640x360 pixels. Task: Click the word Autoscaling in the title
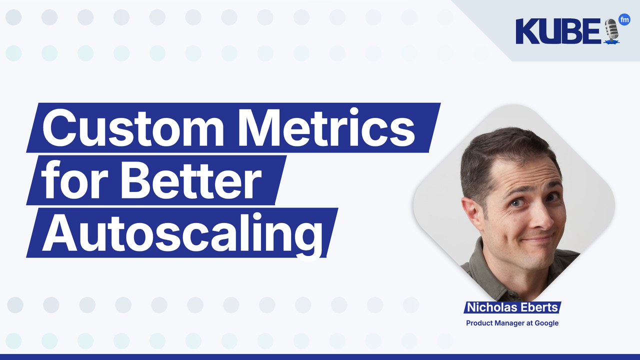click(x=182, y=232)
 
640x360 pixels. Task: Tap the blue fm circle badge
click(x=624, y=19)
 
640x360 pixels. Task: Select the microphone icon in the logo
click(x=611, y=31)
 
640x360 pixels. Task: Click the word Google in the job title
click(x=546, y=323)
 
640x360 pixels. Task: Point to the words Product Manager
click(x=495, y=323)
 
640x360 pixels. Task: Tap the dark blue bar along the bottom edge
click(x=320, y=357)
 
